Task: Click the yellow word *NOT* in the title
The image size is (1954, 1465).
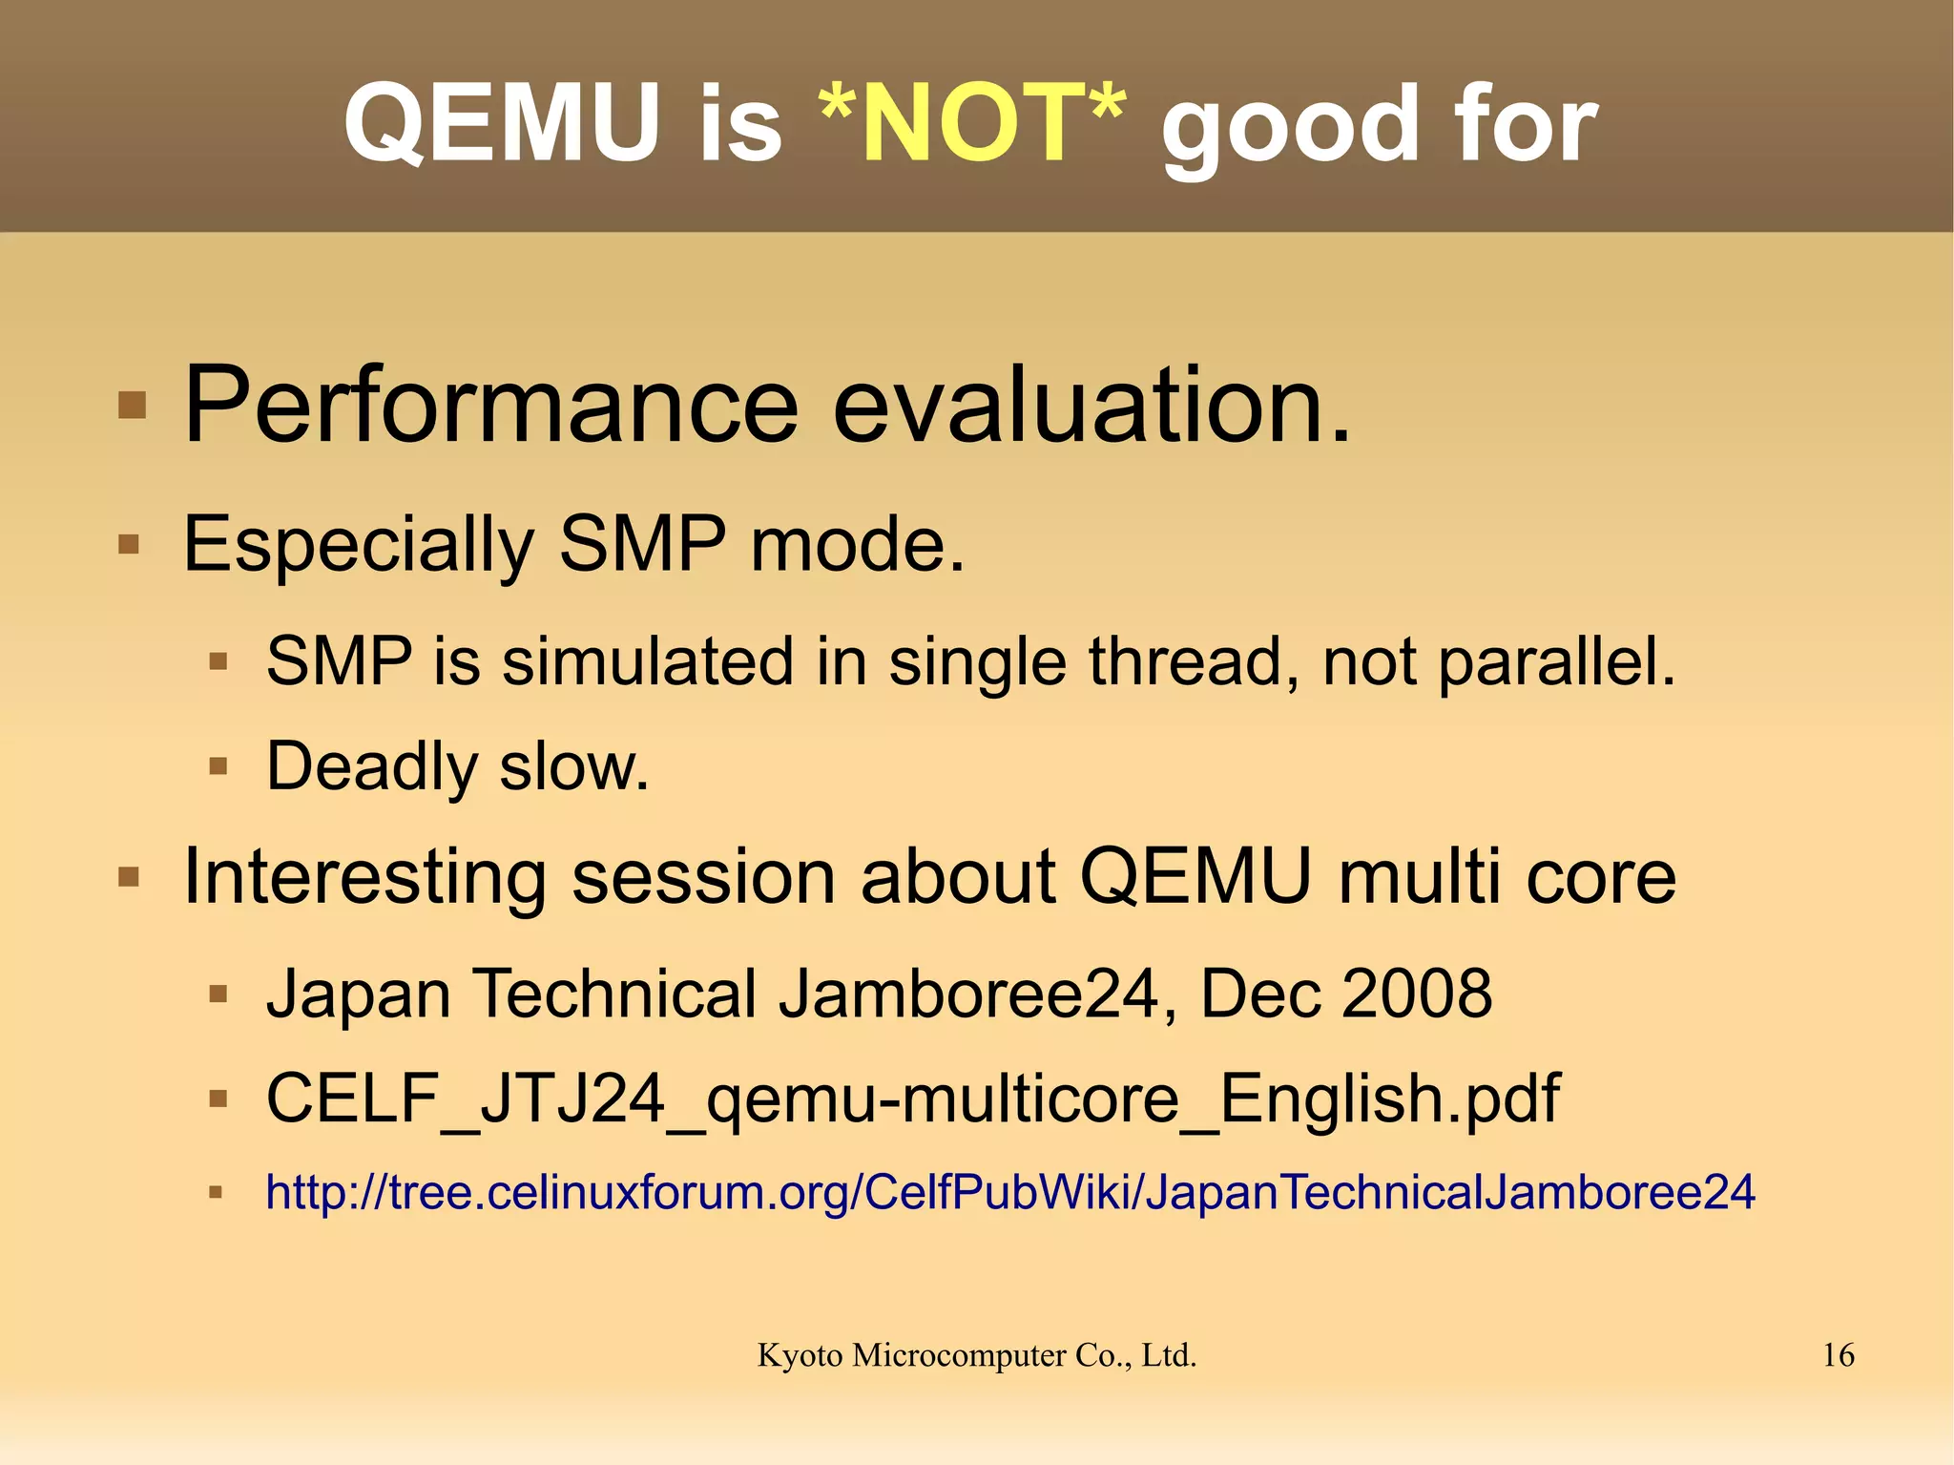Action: click(971, 124)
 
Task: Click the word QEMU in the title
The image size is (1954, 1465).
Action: click(502, 124)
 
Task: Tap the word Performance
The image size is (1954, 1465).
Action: click(490, 406)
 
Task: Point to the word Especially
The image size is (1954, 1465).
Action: click(358, 545)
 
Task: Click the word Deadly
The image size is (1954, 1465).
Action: click(371, 766)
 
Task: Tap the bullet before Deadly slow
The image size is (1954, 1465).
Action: click(218, 765)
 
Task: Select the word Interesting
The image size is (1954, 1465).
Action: click(364, 876)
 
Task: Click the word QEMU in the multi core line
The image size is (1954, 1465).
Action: click(1195, 876)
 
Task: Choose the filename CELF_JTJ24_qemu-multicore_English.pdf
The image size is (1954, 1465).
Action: click(912, 1099)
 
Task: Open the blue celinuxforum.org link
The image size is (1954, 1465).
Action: click(1009, 1193)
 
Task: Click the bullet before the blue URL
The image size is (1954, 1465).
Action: click(217, 1192)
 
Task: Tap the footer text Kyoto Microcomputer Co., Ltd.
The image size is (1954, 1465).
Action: click(976, 1355)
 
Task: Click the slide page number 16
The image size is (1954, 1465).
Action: click(1838, 1355)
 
